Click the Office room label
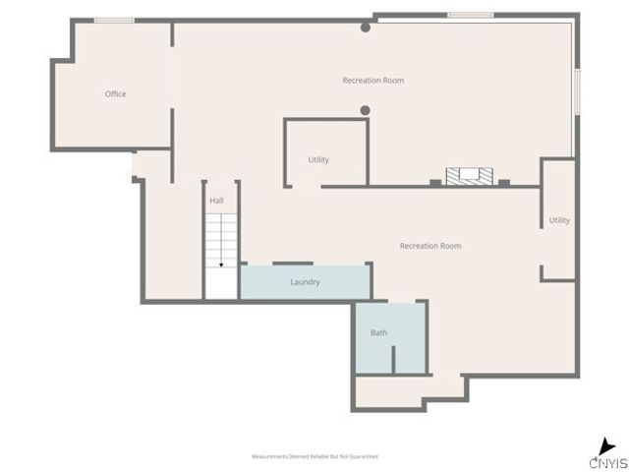[115, 94]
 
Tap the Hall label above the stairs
[216, 201]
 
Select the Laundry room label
[305, 282]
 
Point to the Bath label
[378, 332]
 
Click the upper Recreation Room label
[372, 81]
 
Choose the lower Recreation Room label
[429, 246]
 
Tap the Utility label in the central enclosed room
[318, 159]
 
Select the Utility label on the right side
[559, 220]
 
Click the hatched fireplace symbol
[469, 176]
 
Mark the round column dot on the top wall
[366, 28]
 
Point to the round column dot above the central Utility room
[365, 110]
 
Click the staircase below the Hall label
[222, 241]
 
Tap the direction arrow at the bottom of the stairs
[222, 264]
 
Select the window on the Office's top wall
[114, 21]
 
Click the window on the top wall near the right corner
[470, 15]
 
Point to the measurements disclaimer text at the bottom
[314, 456]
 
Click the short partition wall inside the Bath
[393, 360]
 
